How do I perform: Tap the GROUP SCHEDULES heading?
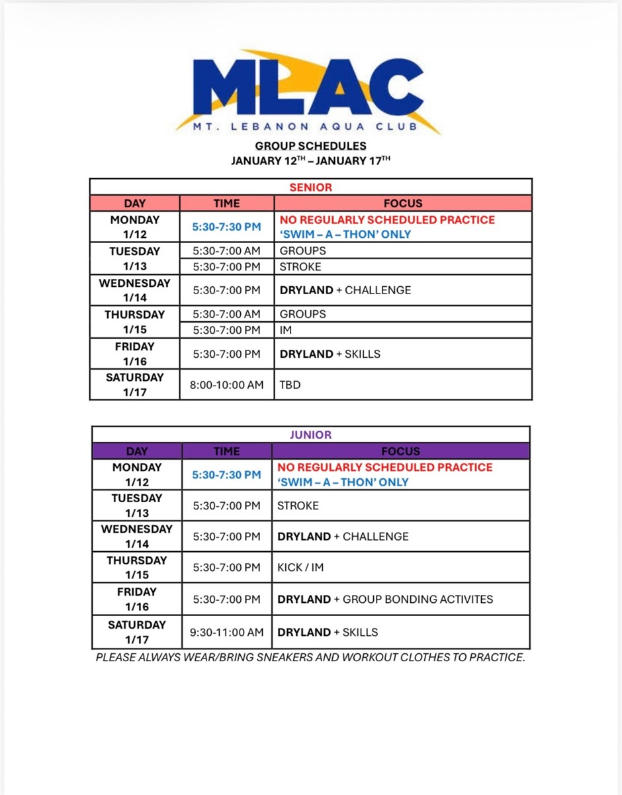coord(310,146)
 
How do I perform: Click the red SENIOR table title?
coord(310,187)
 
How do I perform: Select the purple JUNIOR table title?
coord(310,435)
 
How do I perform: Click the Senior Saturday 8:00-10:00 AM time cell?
coord(226,385)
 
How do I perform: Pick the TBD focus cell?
coord(290,385)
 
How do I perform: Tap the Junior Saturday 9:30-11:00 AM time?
coord(226,633)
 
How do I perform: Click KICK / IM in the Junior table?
coord(300,568)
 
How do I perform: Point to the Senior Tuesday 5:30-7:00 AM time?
coord(226,252)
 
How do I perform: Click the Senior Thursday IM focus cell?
coord(286,330)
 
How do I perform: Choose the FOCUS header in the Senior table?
coord(402,203)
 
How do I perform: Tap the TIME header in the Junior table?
coord(226,452)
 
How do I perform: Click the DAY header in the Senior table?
coord(134,203)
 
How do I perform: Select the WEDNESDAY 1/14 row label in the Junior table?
coord(136,537)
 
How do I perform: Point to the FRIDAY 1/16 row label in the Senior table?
coord(134,354)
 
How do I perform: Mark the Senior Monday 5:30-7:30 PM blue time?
coord(226,227)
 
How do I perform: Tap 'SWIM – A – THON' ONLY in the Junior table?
coord(343,482)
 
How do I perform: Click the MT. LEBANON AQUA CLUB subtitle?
coord(305,127)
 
